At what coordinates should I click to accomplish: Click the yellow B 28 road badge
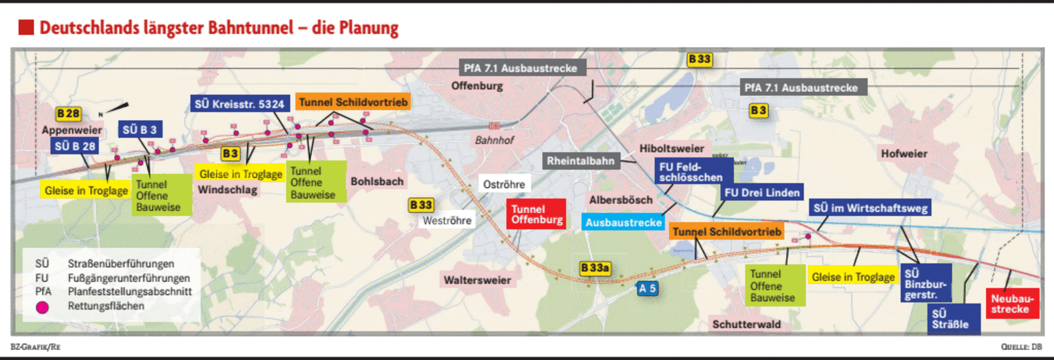tap(68, 113)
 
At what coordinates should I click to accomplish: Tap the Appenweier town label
tap(72, 130)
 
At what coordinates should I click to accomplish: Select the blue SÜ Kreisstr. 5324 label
tap(240, 104)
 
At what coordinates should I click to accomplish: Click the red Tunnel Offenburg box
tap(536, 214)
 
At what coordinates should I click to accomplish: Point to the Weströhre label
tap(447, 220)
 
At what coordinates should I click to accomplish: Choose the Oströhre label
tap(504, 184)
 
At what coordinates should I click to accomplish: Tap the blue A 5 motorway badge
tap(647, 288)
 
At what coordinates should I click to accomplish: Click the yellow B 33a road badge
tap(595, 268)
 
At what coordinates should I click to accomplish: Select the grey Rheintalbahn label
tap(580, 161)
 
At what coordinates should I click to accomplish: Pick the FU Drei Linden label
tap(762, 192)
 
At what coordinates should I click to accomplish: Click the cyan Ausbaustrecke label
tap(623, 222)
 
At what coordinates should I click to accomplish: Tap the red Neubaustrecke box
tap(1012, 303)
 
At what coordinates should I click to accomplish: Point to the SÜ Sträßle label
tap(953, 319)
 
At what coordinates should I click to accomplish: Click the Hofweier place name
tap(904, 153)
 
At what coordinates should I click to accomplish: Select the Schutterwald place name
tap(746, 324)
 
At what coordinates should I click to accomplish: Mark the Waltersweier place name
tap(477, 280)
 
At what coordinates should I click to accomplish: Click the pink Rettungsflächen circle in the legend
tap(43, 307)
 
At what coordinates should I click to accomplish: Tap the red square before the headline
tap(26, 27)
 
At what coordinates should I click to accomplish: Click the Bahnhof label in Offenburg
tap(494, 140)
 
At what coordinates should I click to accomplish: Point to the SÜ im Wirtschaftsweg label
tap(870, 208)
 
